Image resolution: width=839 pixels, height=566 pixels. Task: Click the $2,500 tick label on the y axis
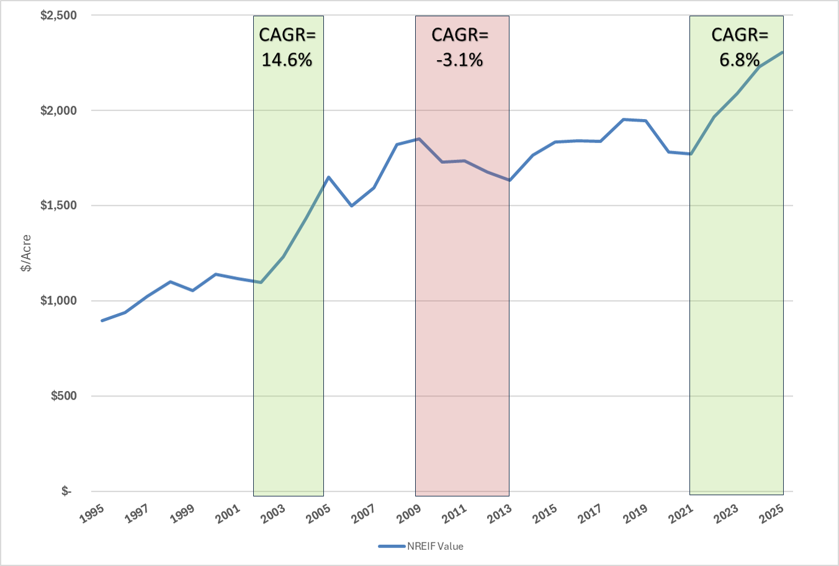tap(58, 16)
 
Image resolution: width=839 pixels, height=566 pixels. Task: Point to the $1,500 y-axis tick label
tap(58, 205)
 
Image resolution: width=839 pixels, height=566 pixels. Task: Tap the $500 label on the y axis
tap(63, 396)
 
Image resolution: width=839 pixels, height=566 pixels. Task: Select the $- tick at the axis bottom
tap(66, 491)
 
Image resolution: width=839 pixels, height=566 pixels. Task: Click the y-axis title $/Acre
tap(25, 253)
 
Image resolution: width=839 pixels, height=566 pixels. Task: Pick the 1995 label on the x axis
tap(92, 513)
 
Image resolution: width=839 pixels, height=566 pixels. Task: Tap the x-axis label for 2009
tap(409, 513)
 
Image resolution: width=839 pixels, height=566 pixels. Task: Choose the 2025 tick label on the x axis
tap(772, 513)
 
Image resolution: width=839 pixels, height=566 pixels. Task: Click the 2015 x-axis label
tap(545, 513)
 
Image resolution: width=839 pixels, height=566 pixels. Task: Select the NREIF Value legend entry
tap(421, 547)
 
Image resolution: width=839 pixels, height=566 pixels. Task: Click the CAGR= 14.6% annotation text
tap(287, 47)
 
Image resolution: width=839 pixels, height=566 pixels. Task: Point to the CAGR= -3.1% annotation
tap(460, 47)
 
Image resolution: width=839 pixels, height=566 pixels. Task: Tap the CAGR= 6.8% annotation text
tap(740, 47)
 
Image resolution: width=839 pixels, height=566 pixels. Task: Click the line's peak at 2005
tap(328, 177)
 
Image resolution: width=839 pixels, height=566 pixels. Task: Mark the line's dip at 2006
tap(351, 205)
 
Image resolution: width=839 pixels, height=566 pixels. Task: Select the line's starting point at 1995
tap(102, 321)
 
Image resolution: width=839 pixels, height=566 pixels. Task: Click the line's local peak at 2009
tap(419, 139)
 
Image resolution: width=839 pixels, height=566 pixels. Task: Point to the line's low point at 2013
tap(509, 181)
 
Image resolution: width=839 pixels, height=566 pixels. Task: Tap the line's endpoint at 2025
tap(783, 52)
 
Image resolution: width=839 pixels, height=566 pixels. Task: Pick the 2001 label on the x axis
tap(228, 513)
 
